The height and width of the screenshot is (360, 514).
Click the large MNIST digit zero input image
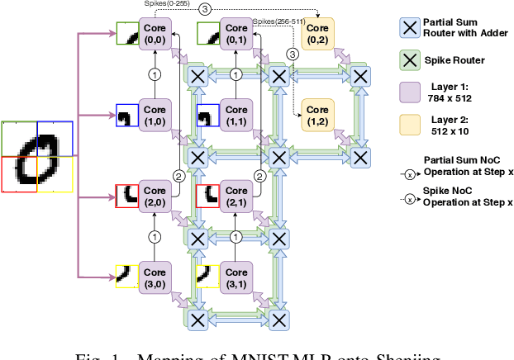point(37,156)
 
